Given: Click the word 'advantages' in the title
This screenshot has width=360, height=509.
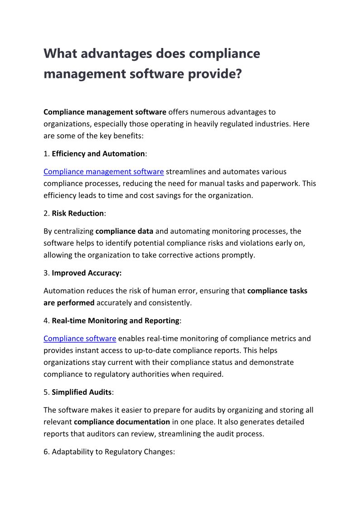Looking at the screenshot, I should (x=114, y=54).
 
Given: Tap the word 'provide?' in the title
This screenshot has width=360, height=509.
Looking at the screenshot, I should (x=213, y=73).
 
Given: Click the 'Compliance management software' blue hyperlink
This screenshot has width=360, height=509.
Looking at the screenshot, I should (x=103, y=172).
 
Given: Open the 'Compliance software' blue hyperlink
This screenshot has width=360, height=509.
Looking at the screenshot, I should (x=80, y=339).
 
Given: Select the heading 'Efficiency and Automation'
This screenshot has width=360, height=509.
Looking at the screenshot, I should (x=98, y=154).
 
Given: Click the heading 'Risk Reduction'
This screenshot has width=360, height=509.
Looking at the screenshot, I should (x=78, y=213).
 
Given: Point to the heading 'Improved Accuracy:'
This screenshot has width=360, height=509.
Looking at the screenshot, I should (x=87, y=273).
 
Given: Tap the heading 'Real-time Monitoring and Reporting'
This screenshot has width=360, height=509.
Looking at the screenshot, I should (x=116, y=320).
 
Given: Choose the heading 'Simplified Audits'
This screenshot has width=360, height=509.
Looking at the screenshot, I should (x=82, y=392).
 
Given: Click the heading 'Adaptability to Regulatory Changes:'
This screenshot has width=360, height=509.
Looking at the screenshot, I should (x=113, y=452).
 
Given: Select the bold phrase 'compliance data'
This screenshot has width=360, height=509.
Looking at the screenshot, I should (x=124, y=231).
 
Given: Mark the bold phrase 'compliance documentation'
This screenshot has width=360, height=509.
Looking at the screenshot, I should (x=122, y=422).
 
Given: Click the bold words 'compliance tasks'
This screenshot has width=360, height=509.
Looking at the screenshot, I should (x=277, y=291).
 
